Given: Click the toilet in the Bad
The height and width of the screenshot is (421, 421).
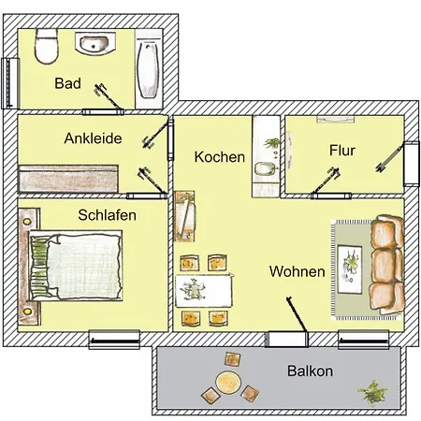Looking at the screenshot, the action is pyautogui.click(x=47, y=46).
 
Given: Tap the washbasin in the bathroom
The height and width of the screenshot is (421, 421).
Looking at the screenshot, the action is pyautogui.click(x=95, y=43).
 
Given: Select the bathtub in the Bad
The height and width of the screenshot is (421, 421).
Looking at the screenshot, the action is pyautogui.click(x=149, y=69).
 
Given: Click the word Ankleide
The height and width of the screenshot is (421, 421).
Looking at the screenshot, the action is pyautogui.click(x=93, y=138).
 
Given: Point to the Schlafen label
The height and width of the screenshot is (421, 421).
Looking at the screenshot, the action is pyautogui.click(x=107, y=215).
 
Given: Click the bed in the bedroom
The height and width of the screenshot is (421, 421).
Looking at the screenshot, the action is pyautogui.click(x=75, y=266).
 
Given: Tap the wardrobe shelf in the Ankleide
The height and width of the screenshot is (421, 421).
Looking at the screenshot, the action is pyautogui.click(x=68, y=179).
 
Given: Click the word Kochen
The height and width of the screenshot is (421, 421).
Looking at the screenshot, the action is pyautogui.click(x=220, y=157).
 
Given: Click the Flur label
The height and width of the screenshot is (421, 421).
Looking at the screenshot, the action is pyautogui.click(x=342, y=151).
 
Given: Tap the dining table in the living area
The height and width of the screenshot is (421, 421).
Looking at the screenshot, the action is pyautogui.click(x=204, y=291).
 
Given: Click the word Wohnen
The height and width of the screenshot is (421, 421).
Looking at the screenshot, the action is pyautogui.click(x=297, y=271).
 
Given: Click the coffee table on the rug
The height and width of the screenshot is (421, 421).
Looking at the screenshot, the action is pyautogui.click(x=350, y=269).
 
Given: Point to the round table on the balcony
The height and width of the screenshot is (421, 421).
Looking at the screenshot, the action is pyautogui.click(x=228, y=383).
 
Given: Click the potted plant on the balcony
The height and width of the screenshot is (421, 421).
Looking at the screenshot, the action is pyautogui.click(x=372, y=392).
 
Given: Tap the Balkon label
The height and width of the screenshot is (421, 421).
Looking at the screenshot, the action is pyautogui.click(x=310, y=371).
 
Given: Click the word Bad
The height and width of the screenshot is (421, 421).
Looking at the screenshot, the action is pyautogui.click(x=67, y=83).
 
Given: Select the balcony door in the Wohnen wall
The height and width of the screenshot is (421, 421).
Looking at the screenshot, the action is pyautogui.click(x=286, y=339).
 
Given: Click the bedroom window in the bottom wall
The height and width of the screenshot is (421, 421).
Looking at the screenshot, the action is pyautogui.click(x=114, y=340).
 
